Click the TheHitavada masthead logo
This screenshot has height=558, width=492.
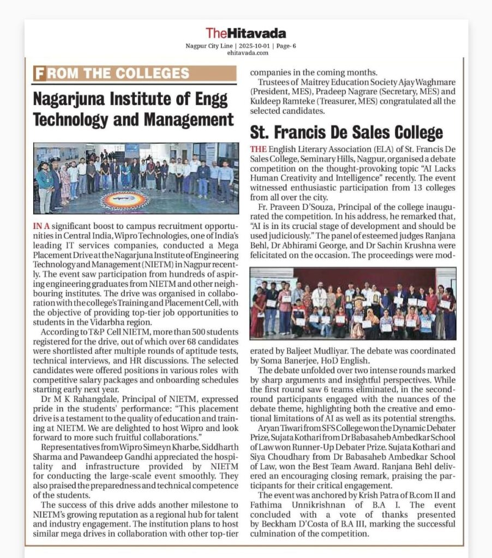[x=245, y=33]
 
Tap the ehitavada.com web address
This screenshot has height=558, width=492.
[x=245, y=53]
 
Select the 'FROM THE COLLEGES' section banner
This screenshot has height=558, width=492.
[x=135, y=74]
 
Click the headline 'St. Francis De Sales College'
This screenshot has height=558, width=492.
[x=346, y=132]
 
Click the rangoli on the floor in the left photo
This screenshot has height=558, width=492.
[x=125, y=200]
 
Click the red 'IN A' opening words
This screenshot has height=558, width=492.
[x=44, y=226]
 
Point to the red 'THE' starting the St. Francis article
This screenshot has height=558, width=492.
[x=258, y=149]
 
